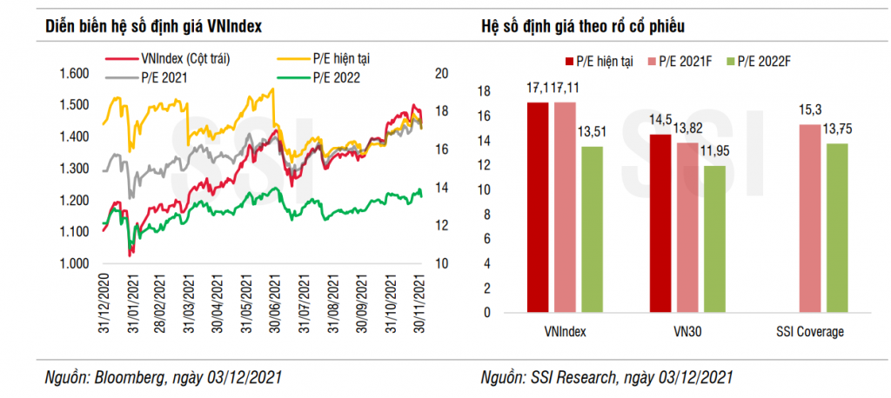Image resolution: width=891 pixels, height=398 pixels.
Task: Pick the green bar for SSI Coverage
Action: [837, 228]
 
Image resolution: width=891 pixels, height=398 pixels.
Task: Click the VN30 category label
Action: [687, 332]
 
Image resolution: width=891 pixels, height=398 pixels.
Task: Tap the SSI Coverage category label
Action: [811, 332]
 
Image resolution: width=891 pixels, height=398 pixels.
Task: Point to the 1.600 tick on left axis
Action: [75, 74]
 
